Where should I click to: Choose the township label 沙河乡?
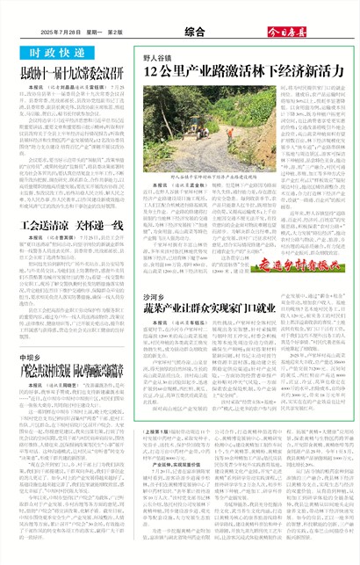click(x=155, y=274)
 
